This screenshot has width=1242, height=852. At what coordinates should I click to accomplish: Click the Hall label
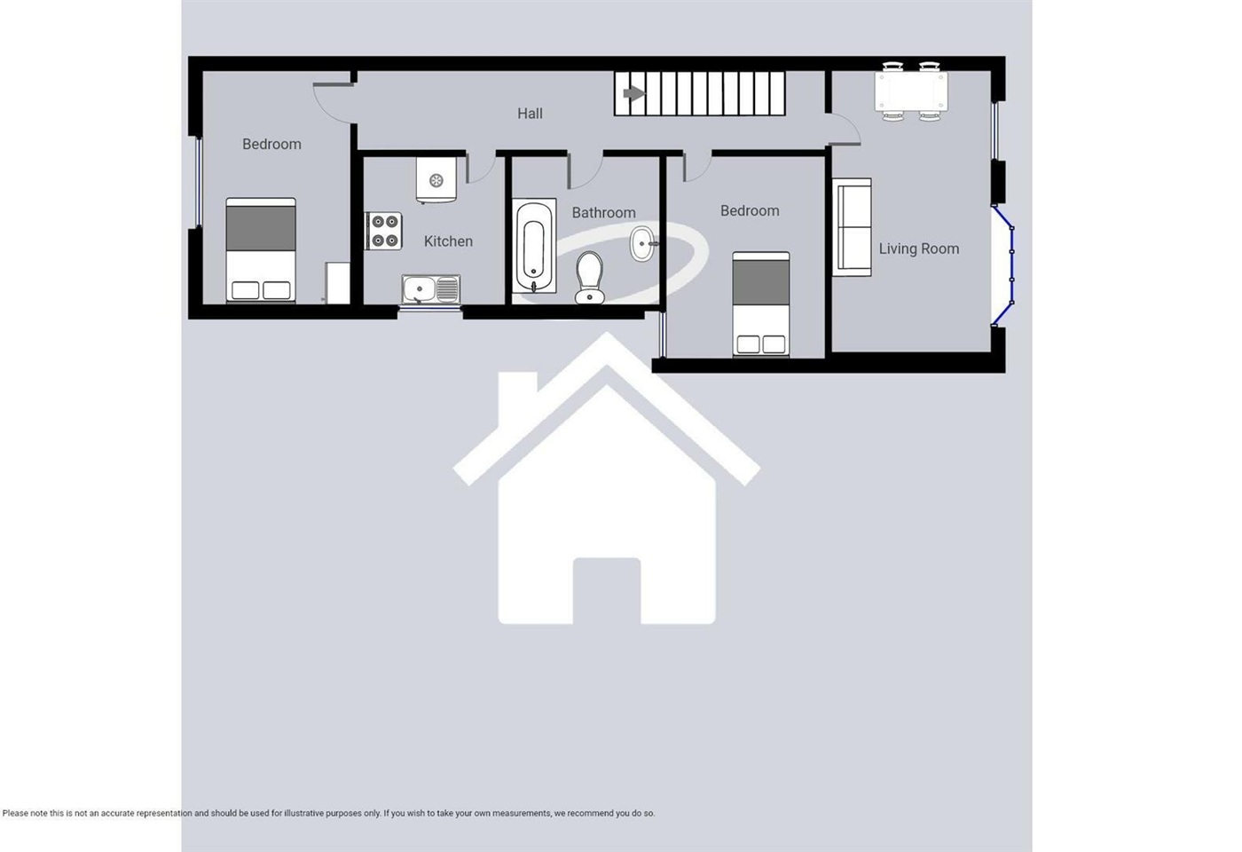[530, 114]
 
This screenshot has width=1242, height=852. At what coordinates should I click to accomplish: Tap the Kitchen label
[448, 241]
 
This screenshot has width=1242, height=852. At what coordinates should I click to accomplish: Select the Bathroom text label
[603, 213]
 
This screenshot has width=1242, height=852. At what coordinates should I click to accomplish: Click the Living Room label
[918, 249]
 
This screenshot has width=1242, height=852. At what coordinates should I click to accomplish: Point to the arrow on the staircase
[633, 93]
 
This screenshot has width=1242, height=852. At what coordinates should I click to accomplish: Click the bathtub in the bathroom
[534, 246]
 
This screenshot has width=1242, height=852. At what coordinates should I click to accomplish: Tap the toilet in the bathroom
[589, 276]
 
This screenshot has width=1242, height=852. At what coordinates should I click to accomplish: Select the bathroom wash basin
[643, 243]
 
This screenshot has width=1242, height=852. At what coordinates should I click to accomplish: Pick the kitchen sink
[430, 289]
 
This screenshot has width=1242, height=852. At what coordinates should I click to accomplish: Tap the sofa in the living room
[852, 227]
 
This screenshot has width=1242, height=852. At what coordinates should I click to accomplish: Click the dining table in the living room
[911, 91]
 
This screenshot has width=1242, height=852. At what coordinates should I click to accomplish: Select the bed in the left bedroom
[260, 250]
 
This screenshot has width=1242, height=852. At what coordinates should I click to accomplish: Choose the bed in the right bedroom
[760, 304]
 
